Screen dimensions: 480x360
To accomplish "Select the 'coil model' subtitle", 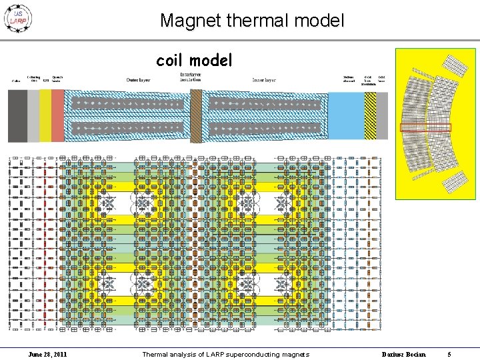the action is point(194,61).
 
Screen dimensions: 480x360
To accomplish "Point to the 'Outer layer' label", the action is point(138,81).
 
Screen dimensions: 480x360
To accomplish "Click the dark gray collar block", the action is point(17,115).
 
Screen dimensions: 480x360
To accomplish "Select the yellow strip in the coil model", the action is point(45,115).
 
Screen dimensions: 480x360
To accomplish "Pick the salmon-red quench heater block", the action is point(57,115).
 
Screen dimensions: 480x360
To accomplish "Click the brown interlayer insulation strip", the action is point(196,115).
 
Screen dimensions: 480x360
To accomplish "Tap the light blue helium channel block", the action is point(346,115).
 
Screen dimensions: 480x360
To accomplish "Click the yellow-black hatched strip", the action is point(370,115).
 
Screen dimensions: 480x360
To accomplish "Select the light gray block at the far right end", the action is point(382,115).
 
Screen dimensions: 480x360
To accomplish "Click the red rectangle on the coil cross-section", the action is point(425,127).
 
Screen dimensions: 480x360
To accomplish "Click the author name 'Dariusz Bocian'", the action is point(403,354).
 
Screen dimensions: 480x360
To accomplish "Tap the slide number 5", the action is point(449,354).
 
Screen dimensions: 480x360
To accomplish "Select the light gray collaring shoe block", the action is point(33,115).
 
